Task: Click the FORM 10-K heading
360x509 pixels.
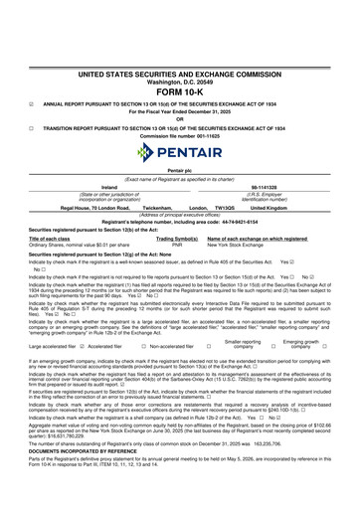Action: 179,89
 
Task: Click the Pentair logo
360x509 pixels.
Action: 180,153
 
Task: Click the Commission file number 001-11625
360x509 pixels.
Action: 180,135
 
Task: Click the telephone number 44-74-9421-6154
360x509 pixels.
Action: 245,221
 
